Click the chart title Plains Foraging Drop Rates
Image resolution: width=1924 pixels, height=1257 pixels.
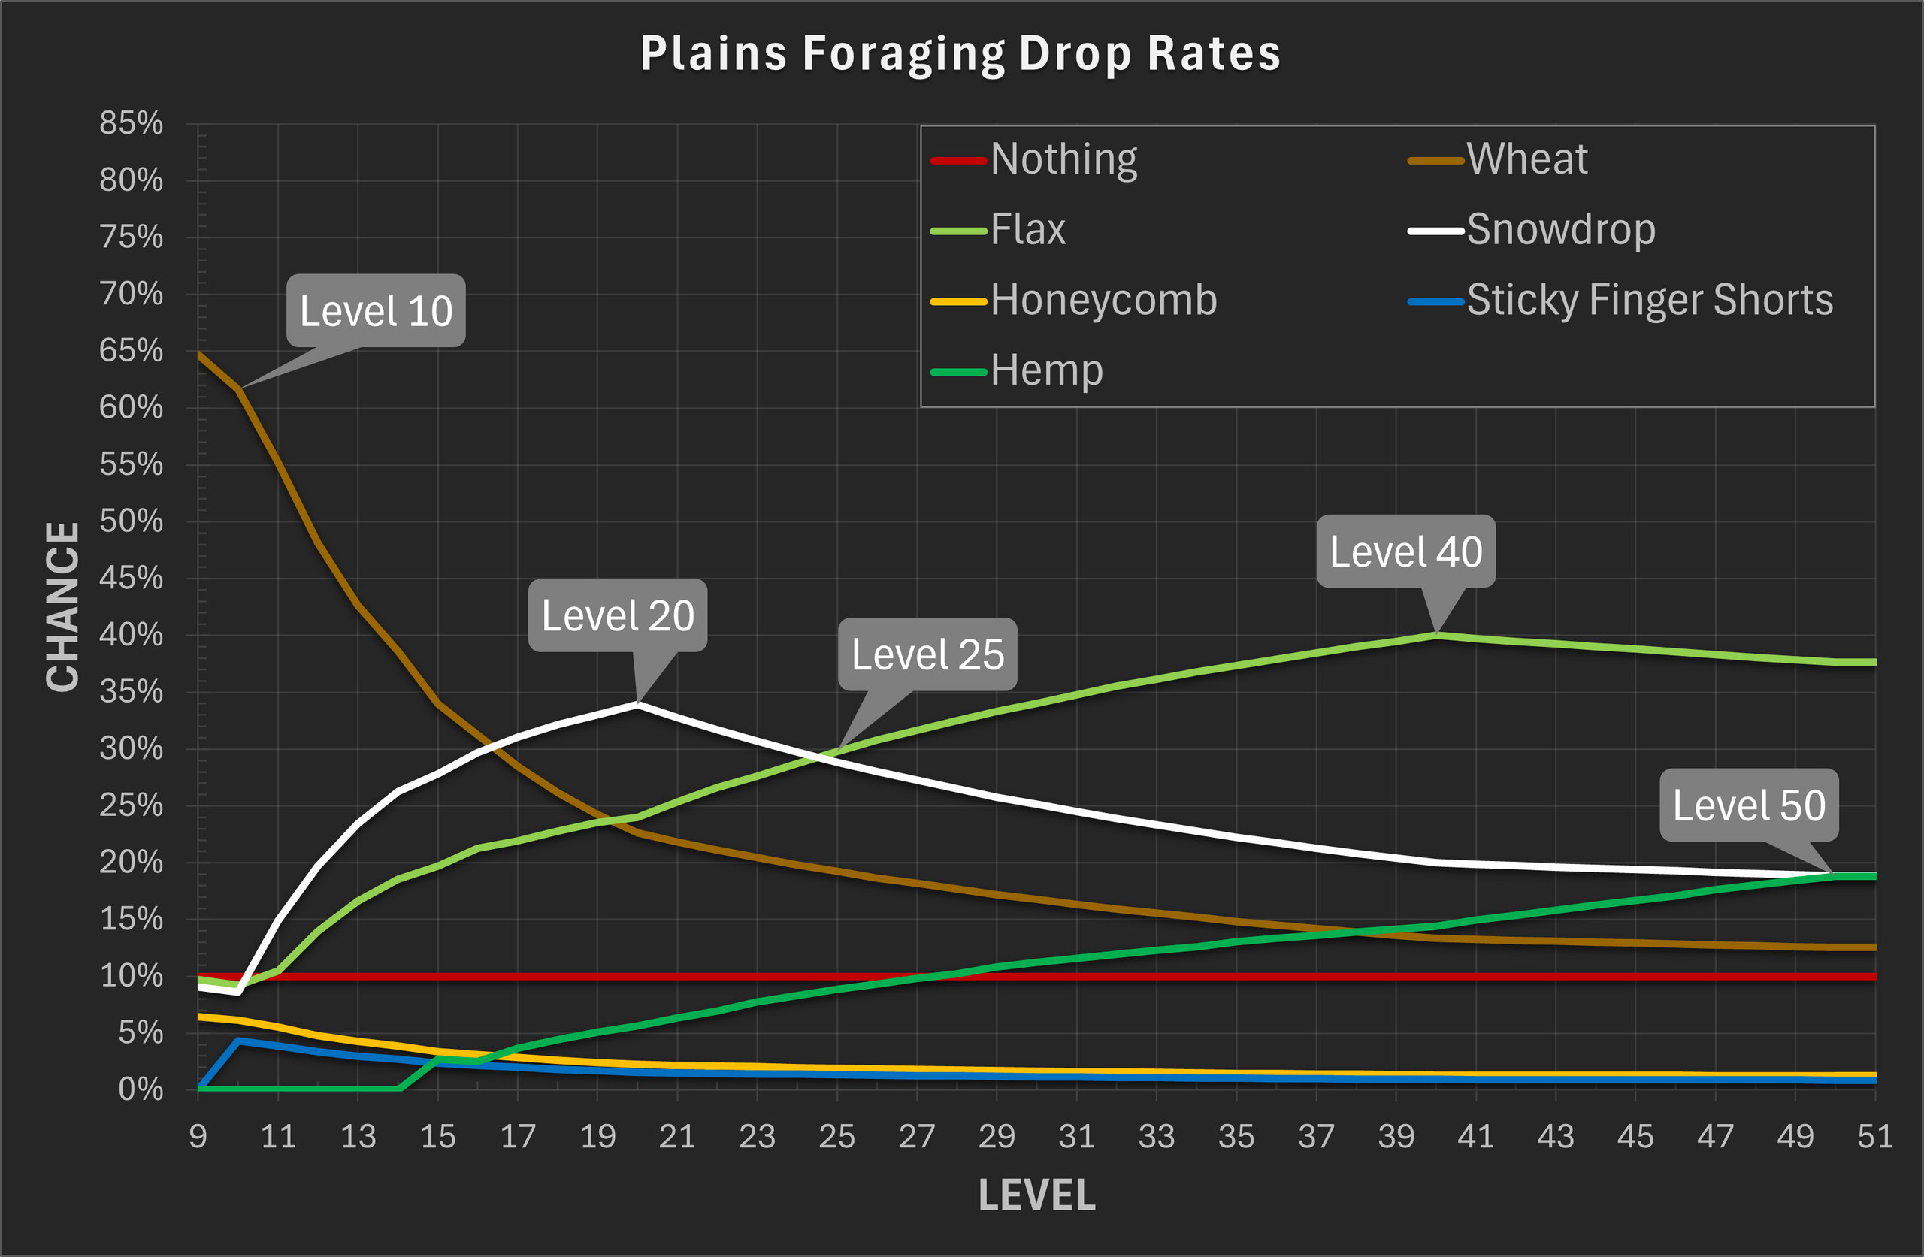(960, 53)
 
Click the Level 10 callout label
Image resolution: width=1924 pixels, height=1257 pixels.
(376, 311)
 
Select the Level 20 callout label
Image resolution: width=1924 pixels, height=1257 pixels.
(618, 616)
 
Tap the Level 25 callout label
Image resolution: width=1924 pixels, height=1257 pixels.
(927, 654)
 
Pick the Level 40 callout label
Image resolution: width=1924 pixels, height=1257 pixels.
(1406, 552)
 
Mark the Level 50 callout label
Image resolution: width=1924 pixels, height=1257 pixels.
(1749, 805)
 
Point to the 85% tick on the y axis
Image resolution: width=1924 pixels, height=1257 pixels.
(131, 123)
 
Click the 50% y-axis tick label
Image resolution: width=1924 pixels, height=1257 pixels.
(131, 521)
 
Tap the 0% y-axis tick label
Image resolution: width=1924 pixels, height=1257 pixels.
(141, 1089)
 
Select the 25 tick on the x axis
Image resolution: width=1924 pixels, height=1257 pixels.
(836, 1137)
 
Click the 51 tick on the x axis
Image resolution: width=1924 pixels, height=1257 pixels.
(1874, 1137)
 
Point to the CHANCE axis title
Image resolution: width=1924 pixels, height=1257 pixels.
(63, 606)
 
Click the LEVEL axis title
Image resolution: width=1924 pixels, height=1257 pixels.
(1037, 1195)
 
